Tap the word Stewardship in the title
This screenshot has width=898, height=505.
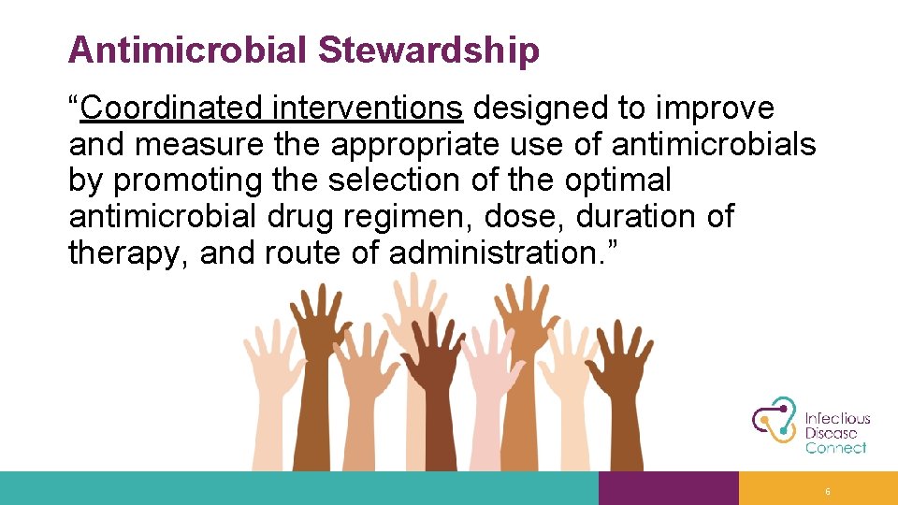428,50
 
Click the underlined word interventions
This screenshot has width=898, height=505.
368,109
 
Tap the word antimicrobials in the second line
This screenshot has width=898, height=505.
714,145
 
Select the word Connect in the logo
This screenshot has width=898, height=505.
836,448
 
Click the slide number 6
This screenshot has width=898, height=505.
828,492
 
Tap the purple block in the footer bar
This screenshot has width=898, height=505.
668,488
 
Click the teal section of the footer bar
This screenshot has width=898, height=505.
299,488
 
